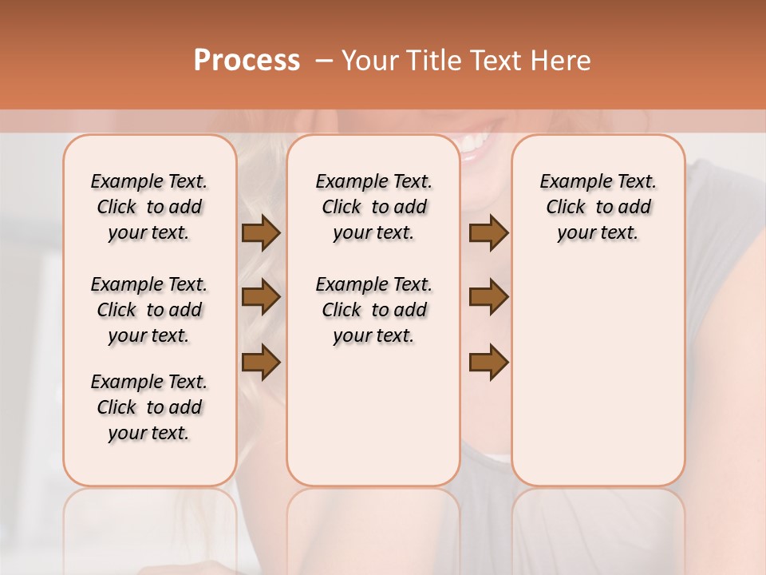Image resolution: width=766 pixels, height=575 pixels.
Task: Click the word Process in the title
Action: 247,61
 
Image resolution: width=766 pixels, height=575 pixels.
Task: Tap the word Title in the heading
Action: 429,61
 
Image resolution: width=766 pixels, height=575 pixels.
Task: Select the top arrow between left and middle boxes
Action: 261,233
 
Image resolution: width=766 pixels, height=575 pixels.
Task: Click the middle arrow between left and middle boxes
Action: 261,297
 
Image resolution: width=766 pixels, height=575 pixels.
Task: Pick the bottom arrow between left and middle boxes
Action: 261,362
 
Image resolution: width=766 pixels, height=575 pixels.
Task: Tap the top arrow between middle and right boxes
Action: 488,233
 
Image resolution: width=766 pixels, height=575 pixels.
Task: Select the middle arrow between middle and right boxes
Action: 488,297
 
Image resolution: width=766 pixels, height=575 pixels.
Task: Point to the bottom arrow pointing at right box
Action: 488,362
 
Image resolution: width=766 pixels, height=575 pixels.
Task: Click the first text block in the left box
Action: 149,207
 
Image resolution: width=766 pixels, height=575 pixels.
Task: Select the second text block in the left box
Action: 149,310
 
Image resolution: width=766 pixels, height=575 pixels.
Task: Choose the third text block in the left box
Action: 149,407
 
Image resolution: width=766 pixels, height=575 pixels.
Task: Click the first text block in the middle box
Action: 373,207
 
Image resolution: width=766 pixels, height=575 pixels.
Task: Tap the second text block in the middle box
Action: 373,310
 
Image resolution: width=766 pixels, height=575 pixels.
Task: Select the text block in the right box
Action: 598,207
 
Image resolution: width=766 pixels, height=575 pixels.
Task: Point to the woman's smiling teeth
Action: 477,144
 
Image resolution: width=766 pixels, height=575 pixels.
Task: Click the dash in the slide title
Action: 324,61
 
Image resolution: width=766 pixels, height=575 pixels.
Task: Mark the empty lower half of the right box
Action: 598,383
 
